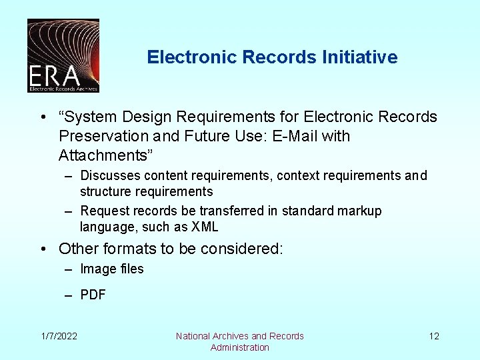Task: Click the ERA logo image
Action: [63, 55]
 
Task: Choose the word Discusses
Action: [110, 176]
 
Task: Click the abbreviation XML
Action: [205, 227]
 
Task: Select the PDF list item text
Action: [93, 295]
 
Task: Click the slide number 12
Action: [434, 336]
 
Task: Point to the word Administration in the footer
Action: [240, 347]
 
